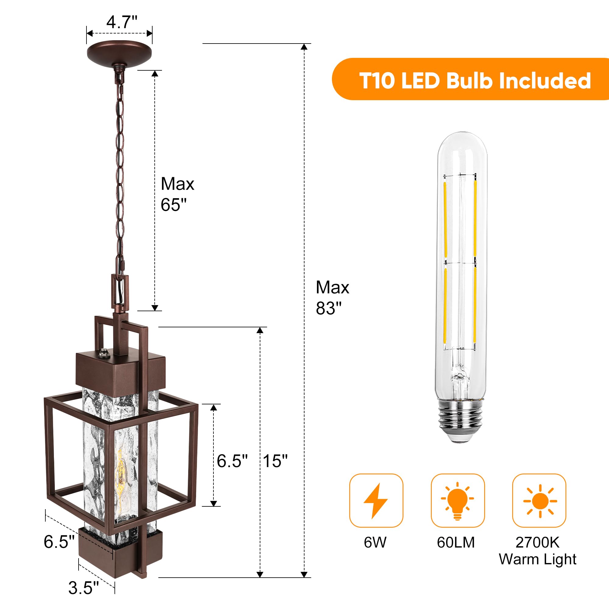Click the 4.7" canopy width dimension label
point(122,22)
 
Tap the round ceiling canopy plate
point(119,53)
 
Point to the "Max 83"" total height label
point(333,297)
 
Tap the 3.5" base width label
point(83,588)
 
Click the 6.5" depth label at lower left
point(59,542)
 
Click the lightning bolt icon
point(376,501)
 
